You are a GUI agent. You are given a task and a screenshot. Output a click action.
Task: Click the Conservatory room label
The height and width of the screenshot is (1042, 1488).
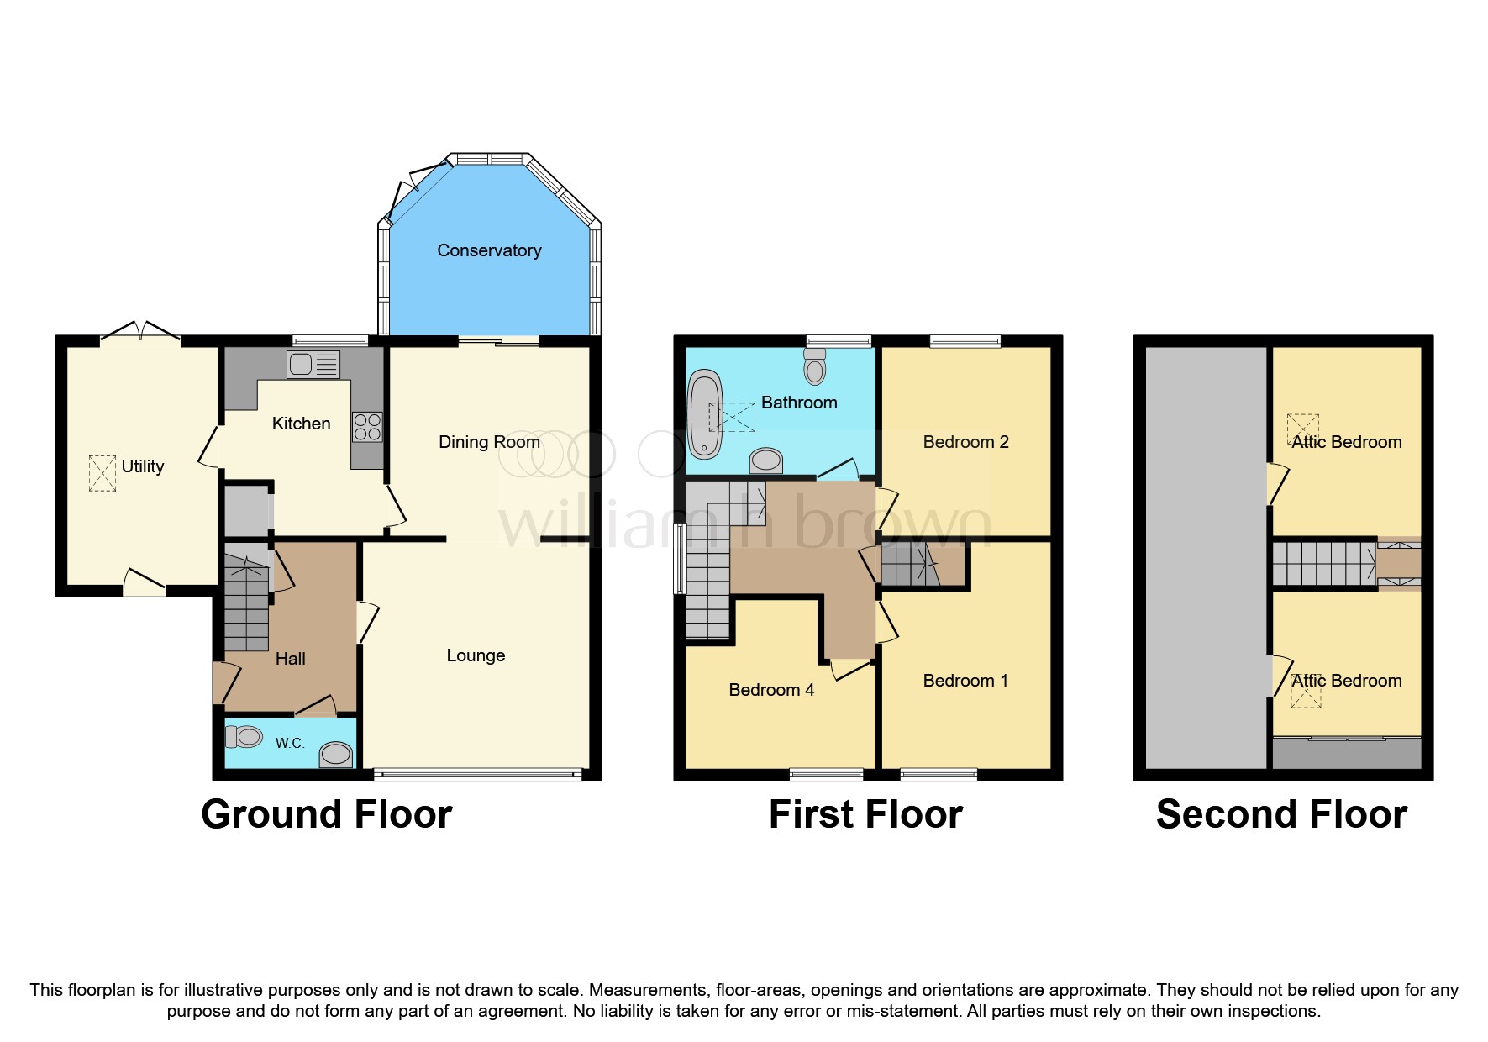(x=489, y=250)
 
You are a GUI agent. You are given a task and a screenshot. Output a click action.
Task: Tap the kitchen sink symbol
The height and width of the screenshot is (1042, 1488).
(x=313, y=364)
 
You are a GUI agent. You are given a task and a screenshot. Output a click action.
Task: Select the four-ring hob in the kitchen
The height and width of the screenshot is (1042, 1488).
(x=367, y=427)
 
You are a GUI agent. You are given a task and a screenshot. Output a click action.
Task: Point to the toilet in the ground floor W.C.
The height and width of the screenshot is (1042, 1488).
(x=244, y=737)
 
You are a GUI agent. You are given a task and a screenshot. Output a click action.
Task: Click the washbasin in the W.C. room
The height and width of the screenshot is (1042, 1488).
(x=336, y=754)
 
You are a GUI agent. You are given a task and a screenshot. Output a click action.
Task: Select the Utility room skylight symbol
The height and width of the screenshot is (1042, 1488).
(x=103, y=473)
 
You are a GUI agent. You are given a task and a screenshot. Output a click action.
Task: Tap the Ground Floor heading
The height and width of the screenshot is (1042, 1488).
(x=326, y=814)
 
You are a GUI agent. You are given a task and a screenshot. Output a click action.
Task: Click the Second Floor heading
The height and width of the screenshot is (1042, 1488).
(x=1281, y=814)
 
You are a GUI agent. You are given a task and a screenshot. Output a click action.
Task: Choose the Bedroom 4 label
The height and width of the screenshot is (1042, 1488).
(x=771, y=690)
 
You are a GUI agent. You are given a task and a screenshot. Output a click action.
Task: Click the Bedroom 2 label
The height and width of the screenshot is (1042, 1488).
(x=965, y=442)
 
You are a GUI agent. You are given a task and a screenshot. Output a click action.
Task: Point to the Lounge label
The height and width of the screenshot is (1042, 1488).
(x=476, y=655)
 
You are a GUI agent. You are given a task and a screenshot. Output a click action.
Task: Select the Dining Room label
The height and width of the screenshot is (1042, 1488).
(x=489, y=442)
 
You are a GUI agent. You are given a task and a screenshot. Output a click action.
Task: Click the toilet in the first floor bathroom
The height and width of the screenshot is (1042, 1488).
(x=814, y=366)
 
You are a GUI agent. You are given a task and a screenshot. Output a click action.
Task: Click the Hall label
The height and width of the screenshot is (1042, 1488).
(x=290, y=659)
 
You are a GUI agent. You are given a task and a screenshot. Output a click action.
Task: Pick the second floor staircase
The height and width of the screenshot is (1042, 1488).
(x=1322, y=563)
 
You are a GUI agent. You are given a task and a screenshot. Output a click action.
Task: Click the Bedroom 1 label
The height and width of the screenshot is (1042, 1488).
(x=965, y=681)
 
